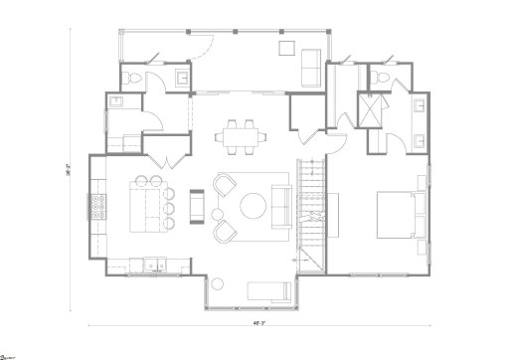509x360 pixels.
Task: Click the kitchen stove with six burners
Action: [x=99, y=207]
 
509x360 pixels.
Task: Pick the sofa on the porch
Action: [x=311, y=69]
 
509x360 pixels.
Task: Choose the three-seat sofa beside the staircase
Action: [x=281, y=207]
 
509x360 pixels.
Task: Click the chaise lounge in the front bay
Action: [x=265, y=289]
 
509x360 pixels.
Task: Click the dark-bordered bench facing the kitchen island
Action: [x=196, y=206]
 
